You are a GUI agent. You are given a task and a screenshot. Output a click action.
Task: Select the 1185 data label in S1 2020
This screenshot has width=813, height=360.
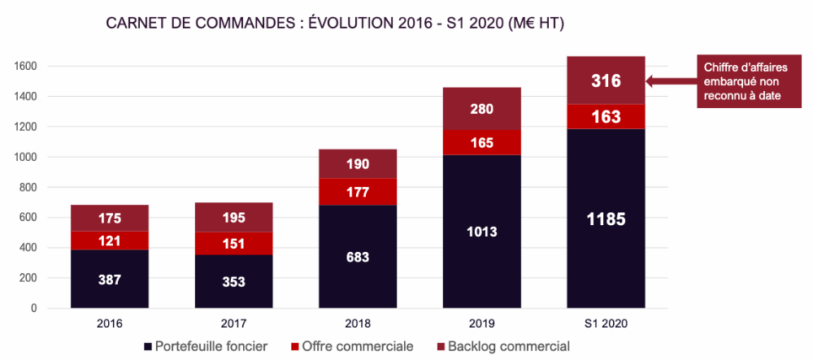coord(606,218)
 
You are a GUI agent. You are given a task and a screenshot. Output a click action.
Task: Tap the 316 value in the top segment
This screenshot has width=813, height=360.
coord(606,80)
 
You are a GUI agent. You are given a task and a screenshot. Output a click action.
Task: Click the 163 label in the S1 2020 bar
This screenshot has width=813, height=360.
coord(606,117)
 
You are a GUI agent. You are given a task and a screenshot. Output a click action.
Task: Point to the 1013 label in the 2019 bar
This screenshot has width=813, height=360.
coord(481,232)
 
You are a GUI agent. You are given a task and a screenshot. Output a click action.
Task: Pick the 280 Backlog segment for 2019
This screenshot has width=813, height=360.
coord(481,109)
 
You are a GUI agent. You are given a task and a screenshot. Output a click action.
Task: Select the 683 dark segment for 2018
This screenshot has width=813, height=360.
coord(358,257)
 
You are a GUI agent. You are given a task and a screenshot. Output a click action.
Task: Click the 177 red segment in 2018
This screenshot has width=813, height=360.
coord(358,192)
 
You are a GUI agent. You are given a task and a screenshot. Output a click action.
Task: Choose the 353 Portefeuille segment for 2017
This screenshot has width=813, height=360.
coord(233,282)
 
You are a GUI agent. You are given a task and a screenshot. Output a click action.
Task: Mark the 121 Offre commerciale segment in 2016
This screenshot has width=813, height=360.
coord(110,241)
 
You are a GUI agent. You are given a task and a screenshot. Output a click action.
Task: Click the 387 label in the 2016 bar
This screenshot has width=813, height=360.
coord(110,279)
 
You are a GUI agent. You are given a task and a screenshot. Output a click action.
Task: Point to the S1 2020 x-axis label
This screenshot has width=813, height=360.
coord(606,323)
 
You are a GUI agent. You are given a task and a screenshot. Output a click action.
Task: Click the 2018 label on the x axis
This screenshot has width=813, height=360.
coord(358,323)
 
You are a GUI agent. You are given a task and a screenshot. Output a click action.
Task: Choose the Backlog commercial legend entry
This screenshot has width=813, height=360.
coord(499,346)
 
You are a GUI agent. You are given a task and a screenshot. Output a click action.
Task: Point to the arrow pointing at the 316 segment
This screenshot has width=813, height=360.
coord(671,80)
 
